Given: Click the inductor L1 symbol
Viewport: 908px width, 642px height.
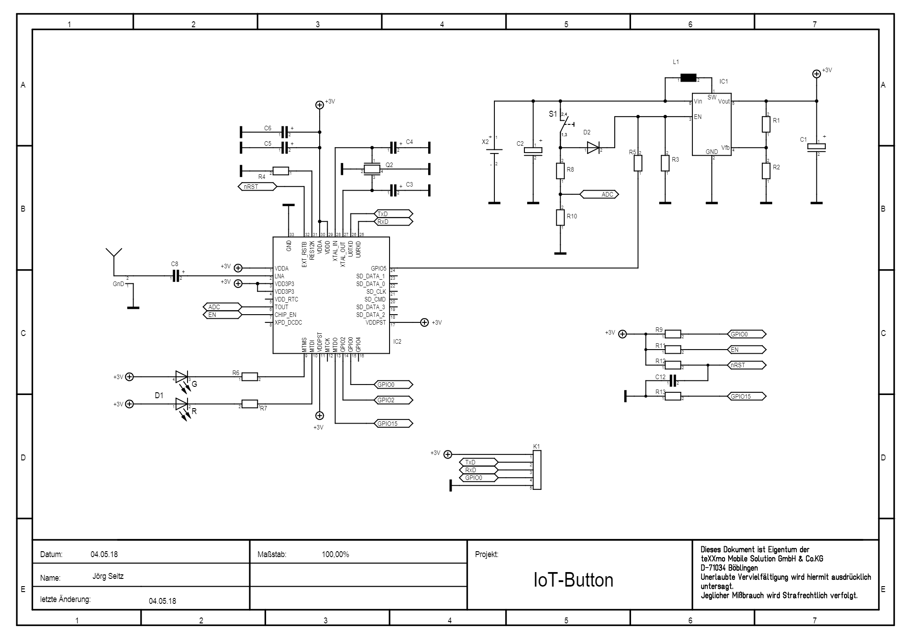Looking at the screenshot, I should coord(689,78).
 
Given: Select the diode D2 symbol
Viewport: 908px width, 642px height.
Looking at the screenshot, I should coord(593,148).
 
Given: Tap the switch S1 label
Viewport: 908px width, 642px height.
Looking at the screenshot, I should coord(553,114).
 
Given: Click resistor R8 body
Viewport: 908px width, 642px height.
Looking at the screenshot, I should coord(560,171).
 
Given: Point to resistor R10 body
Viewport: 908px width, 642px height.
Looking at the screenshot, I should coord(560,217).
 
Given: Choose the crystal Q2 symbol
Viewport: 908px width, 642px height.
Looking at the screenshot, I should coord(373,169).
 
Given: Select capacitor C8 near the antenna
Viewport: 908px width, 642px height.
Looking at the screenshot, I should coord(176,276).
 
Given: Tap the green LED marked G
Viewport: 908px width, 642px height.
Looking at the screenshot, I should coord(182,377).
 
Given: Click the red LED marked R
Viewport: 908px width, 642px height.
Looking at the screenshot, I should coord(182,404).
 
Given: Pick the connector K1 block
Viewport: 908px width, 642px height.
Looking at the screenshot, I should coord(537,470).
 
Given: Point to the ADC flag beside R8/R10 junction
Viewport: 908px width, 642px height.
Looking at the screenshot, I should coord(599,194).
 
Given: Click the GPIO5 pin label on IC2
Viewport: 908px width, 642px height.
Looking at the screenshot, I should coord(378,268).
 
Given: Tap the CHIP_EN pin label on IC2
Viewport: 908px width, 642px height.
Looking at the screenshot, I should coord(285,315).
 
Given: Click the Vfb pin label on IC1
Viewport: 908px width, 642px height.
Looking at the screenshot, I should coord(725,148).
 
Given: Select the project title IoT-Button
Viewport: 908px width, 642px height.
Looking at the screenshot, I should coord(573,580).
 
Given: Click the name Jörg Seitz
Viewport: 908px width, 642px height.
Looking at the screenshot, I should coord(108,576).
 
